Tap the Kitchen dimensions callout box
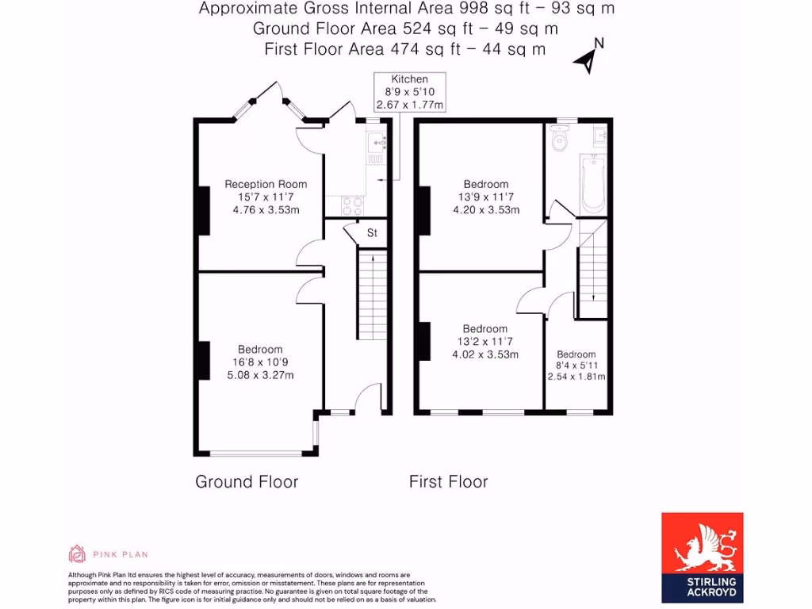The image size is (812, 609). click(409, 91)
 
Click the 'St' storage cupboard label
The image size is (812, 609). click(371, 233)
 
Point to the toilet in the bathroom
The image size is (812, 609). click(560, 141)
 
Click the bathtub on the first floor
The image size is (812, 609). click(593, 184)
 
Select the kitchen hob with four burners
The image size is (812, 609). click(351, 205)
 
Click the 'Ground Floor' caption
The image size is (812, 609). click(247, 481)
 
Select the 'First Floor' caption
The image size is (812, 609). click(448, 481)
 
